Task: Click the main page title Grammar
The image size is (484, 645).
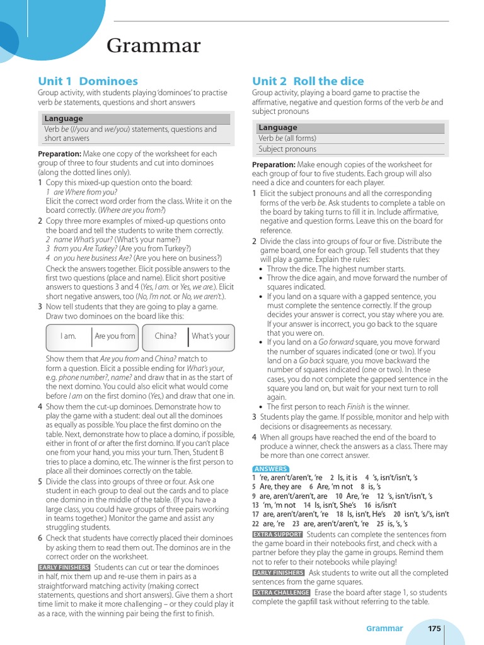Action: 154,46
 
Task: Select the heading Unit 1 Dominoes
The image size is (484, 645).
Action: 88,81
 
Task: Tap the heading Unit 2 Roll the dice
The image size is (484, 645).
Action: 308,81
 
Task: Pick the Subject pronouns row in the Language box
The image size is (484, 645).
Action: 287,149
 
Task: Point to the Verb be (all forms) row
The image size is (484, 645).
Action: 287,138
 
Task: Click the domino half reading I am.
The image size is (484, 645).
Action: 68,336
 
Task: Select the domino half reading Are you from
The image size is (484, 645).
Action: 115,336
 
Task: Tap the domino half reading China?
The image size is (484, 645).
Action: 165,336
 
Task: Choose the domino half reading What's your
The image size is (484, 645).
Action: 210,336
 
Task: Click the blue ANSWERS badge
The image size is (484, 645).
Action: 270,469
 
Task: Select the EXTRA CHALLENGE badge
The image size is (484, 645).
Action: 281,592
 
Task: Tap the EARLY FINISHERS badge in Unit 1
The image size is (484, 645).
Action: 64,567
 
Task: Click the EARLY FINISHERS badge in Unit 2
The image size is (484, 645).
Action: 278,573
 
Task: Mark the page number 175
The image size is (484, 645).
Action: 434,628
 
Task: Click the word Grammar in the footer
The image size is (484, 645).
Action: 384,628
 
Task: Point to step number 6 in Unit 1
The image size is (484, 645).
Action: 40,538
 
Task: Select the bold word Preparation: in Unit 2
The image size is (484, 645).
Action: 274,164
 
